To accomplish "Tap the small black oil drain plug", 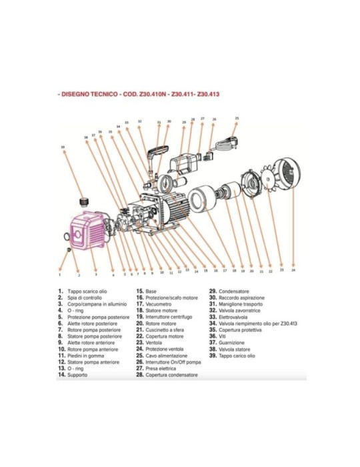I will (x=69, y=249).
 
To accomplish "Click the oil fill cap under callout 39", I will (x=85, y=200).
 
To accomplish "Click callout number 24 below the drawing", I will (x=293, y=271).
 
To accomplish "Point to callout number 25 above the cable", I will (x=237, y=118).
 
